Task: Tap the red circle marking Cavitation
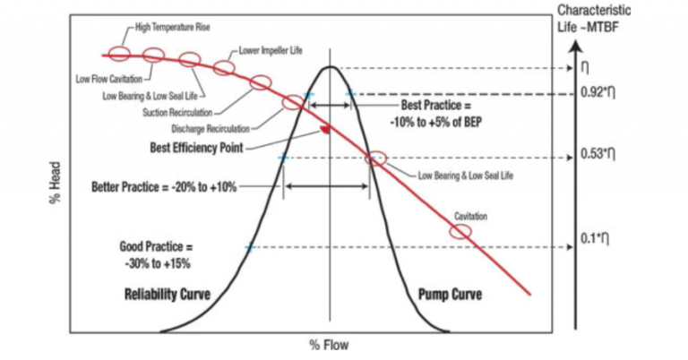(x=460, y=231)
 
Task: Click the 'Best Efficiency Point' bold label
(x=198, y=146)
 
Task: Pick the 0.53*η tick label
(x=598, y=154)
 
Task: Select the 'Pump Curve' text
(x=451, y=294)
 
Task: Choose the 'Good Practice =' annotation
(x=158, y=244)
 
